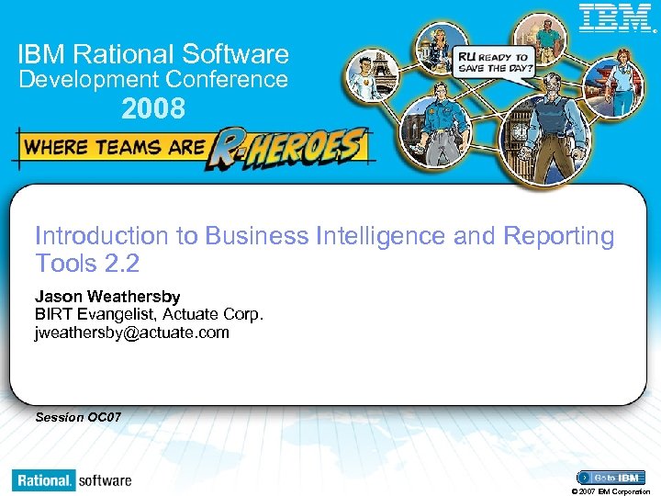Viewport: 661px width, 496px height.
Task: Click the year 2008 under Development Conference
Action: [x=153, y=110]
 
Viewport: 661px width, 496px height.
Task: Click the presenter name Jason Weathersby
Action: [x=107, y=297]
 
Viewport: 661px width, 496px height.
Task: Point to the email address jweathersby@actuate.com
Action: [x=132, y=333]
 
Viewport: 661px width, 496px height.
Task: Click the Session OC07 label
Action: [x=78, y=417]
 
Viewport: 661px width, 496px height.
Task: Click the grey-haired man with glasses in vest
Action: [x=549, y=119]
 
